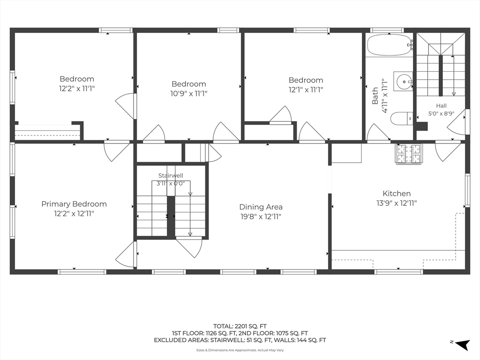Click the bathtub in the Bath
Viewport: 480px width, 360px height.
(390, 45)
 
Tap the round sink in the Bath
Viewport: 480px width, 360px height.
(404, 82)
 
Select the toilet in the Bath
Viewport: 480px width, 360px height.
(402, 119)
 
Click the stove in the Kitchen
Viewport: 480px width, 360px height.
(408, 154)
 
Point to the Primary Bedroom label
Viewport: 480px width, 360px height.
(74, 204)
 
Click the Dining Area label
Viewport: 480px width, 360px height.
(261, 207)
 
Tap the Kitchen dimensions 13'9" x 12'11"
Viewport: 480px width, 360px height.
(397, 203)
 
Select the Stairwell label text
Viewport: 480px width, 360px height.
(171, 175)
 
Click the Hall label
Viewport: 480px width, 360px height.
(441, 105)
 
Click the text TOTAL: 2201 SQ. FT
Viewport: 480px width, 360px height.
(240, 326)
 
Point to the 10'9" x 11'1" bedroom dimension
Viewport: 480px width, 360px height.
(188, 93)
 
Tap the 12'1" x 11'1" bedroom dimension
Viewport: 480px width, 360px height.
(306, 90)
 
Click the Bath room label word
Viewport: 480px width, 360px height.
(375, 96)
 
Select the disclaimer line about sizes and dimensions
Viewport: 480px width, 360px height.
(240, 350)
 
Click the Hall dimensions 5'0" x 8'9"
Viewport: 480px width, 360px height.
(441, 113)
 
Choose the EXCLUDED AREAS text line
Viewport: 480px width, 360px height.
(240, 340)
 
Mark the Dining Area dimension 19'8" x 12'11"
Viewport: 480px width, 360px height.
(261, 217)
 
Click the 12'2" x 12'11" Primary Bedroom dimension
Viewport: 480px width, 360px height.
(74, 214)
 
